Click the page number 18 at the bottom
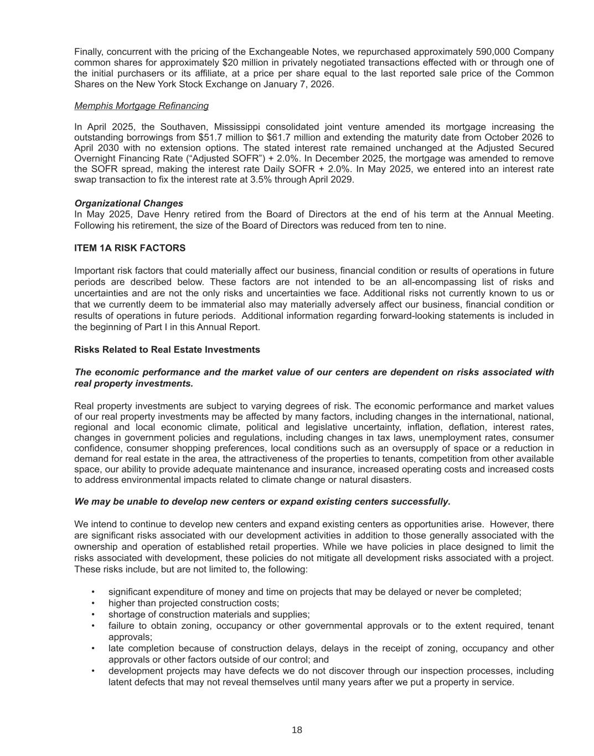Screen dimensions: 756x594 pos(297,730)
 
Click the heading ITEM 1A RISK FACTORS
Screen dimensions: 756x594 pos(130,248)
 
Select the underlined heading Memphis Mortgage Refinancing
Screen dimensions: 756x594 pos(141,106)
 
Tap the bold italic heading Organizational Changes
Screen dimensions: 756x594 pos(128,203)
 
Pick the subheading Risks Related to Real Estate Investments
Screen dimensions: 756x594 pos(167,349)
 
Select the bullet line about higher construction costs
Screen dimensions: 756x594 pos(193,603)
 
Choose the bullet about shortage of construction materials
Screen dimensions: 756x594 pos(209,614)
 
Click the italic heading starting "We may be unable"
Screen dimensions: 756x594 pos(262,502)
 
